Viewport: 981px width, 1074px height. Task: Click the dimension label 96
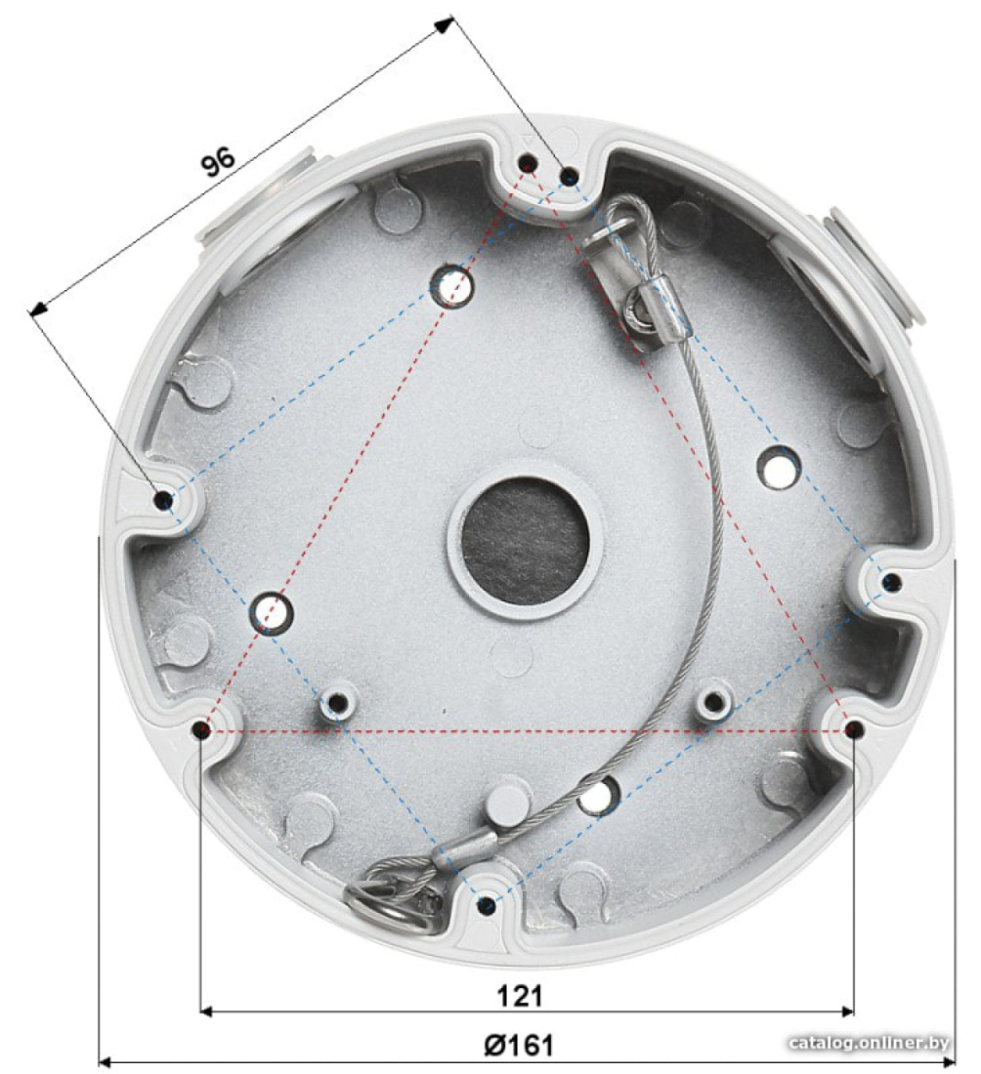[218, 162]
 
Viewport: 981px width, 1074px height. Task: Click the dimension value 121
[520, 996]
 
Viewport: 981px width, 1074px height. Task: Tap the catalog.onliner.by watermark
[869, 1043]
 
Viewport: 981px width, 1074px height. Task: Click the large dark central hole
[525, 541]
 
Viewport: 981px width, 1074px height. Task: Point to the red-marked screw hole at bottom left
[201, 730]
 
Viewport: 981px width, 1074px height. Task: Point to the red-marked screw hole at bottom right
[854, 730]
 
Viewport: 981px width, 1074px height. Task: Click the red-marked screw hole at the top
[528, 163]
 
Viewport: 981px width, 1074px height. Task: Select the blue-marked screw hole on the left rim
[163, 501]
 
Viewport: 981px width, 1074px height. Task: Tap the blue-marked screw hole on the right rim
[890, 583]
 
